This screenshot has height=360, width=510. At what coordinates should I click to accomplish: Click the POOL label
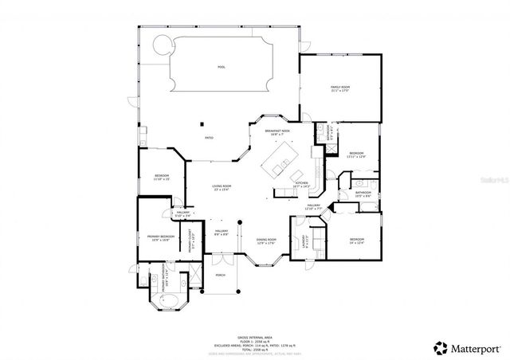click(222, 67)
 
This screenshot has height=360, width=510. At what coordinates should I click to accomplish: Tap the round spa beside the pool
click(162, 43)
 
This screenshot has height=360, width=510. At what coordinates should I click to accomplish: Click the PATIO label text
click(209, 138)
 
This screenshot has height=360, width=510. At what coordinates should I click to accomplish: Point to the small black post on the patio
click(202, 123)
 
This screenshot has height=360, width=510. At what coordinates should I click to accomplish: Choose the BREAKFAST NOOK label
click(277, 131)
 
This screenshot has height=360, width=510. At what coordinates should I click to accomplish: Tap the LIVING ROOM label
click(221, 188)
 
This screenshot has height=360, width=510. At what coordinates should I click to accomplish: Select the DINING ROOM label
click(266, 241)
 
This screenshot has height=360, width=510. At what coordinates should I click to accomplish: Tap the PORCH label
click(221, 276)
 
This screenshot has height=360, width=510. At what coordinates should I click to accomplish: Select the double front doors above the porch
click(219, 258)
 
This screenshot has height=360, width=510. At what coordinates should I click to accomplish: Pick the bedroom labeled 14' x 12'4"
click(357, 241)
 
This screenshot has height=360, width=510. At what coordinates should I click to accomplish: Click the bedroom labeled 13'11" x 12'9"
click(356, 155)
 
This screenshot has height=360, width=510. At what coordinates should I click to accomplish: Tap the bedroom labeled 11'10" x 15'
click(162, 176)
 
